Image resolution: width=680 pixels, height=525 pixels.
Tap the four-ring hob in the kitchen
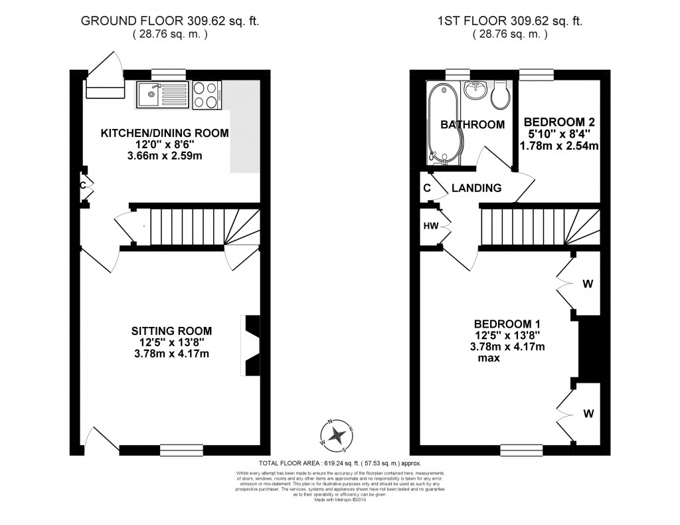(207, 95)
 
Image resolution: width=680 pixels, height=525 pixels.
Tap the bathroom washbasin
(475, 91)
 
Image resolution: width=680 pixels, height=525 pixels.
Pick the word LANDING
(476, 189)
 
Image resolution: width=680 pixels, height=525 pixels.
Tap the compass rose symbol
(338, 435)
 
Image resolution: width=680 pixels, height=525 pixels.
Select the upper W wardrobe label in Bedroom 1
(588, 284)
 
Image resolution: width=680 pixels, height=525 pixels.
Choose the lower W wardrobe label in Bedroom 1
(588, 413)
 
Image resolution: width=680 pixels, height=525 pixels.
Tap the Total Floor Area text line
(340, 463)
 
